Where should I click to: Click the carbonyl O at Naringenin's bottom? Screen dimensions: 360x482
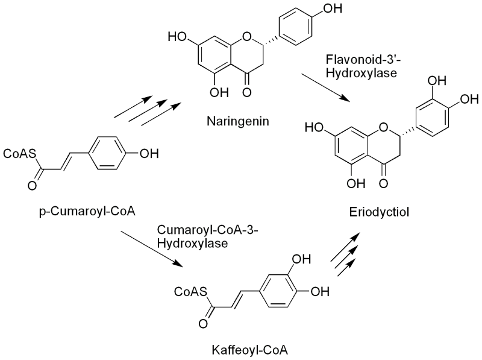(245, 92)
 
